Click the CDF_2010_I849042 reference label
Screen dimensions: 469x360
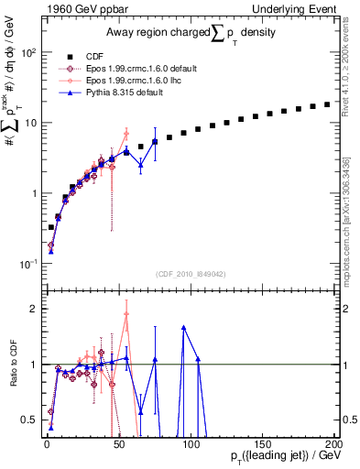coord(191,272)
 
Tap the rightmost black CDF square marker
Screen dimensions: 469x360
coord(327,104)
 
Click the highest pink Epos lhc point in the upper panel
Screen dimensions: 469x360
coord(126,133)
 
